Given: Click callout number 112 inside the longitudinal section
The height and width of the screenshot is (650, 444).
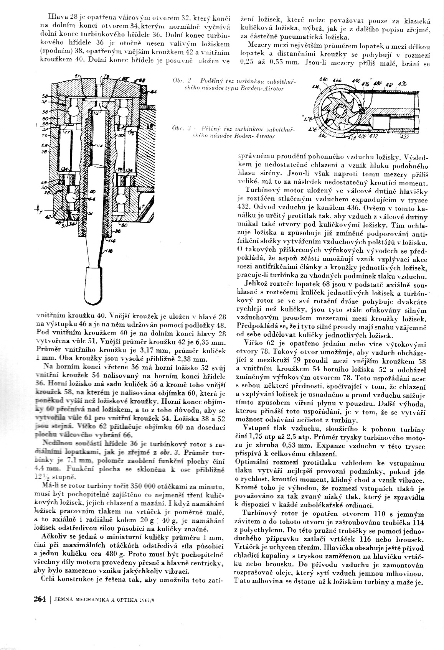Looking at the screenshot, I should click(97, 114).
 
